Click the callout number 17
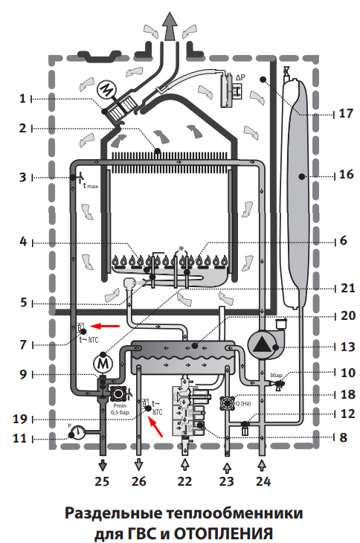tap(345, 113)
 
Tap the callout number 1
tap(23, 99)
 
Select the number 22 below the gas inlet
tap(184, 481)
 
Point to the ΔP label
tap(240, 77)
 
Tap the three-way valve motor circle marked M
tap(103, 364)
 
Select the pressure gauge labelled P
tap(77, 432)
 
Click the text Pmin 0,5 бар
tap(120, 408)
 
